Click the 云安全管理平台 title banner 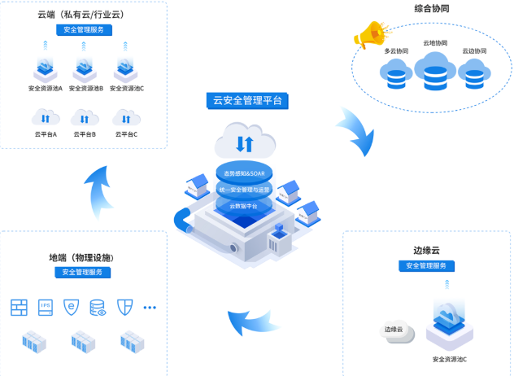[247, 102]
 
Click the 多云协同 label [396, 51]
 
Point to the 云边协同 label [474, 51]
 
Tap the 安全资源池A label [45, 88]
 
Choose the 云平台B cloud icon [85, 118]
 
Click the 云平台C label [125, 134]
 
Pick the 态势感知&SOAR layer [244, 173]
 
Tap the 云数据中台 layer [244, 206]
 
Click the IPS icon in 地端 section [46, 307]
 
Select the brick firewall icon [20, 307]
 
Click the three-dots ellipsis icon [150, 307]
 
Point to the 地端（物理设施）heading [84, 258]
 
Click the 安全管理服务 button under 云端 [85, 30]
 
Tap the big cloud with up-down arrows [244, 142]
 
